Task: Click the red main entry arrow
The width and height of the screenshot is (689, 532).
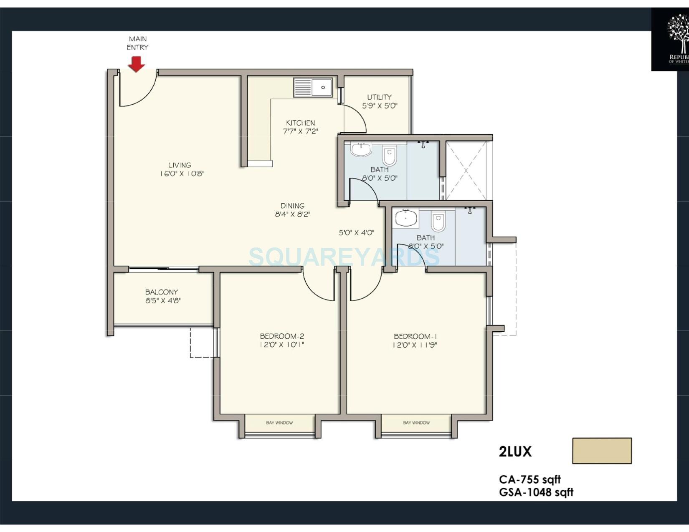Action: (x=136, y=64)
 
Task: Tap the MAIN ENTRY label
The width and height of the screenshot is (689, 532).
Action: (x=137, y=43)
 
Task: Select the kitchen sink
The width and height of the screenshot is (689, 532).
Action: (x=313, y=87)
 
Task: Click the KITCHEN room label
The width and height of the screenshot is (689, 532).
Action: (x=300, y=123)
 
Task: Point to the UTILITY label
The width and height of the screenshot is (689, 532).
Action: (x=379, y=97)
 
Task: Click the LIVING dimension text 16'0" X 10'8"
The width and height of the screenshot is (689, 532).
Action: (x=182, y=174)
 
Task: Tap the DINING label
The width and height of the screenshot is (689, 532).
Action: (x=292, y=206)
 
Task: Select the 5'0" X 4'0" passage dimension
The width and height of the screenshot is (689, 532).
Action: (x=356, y=232)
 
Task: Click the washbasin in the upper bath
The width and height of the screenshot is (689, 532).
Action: (x=361, y=149)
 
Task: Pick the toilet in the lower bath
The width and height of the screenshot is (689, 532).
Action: (x=438, y=222)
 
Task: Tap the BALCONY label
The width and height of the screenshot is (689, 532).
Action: (x=162, y=292)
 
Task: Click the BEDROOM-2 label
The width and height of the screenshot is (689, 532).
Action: (x=282, y=336)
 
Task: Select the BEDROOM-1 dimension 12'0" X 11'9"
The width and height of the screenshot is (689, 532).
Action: (x=415, y=345)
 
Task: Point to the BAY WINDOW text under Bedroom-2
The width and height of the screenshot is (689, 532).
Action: (x=279, y=423)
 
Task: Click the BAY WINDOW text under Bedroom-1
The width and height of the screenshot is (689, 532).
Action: (x=416, y=423)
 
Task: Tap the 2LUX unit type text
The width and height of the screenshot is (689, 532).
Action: (x=515, y=451)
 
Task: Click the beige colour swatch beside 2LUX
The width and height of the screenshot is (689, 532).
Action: (x=602, y=451)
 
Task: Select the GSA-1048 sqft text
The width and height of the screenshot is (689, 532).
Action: (x=536, y=492)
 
